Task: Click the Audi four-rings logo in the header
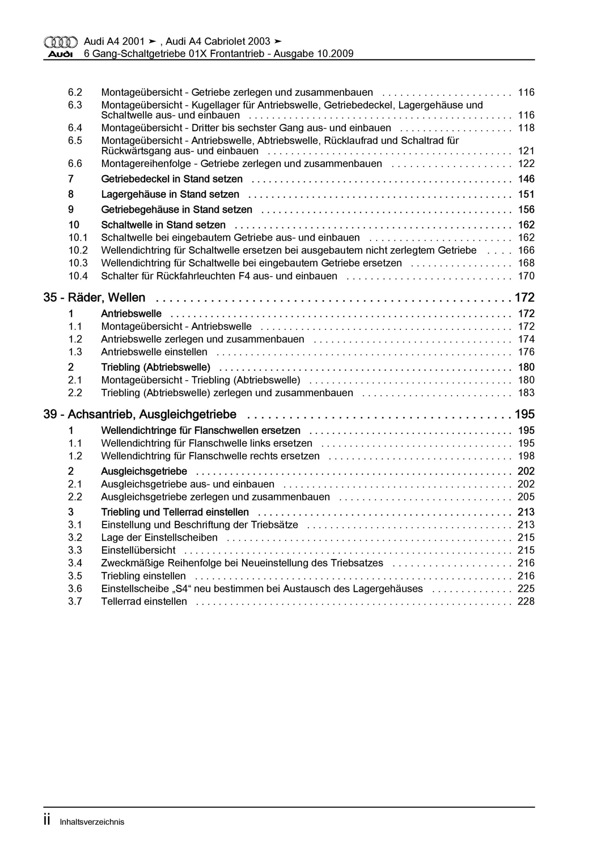[61, 42]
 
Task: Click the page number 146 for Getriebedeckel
[526, 179]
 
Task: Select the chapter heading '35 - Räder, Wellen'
[94, 298]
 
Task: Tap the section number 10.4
[78, 276]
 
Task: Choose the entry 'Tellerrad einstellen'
[144, 601]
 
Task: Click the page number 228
[526, 601]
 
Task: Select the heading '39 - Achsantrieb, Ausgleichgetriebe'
[140, 414]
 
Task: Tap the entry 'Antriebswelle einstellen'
[154, 352]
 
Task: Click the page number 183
[526, 393]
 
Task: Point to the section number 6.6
[75, 164]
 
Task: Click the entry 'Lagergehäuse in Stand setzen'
[170, 195]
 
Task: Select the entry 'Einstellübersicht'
[138, 550]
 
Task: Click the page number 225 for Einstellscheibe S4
[526, 589]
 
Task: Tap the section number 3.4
[75, 563]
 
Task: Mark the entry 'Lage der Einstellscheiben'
[159, 538]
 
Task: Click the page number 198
[526, 456]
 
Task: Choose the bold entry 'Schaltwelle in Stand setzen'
[163, 225]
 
